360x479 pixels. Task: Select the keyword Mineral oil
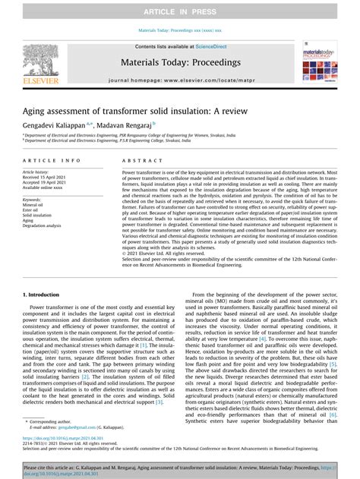click(33, 205)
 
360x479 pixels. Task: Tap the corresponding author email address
click(72, 428)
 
